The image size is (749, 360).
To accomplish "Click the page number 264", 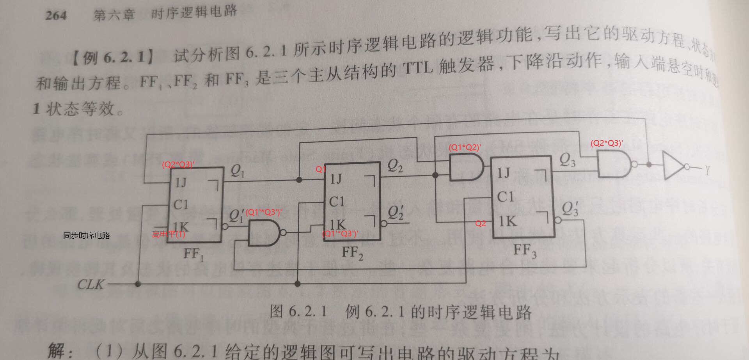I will [x=56, y=16].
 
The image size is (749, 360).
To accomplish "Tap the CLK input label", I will [x=91, y=284].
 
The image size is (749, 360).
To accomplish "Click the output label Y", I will [x=707, y=170].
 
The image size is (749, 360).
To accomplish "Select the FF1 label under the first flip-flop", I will [x=193, y=254].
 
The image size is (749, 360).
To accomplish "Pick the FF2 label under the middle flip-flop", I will [x=352, y=253].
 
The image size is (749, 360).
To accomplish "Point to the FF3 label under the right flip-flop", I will [x=525, y=250].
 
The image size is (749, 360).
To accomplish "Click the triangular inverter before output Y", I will [x=674, y=166].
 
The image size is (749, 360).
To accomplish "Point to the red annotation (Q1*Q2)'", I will [x=465, y=147].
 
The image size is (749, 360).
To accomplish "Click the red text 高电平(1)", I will [x=169, y=234].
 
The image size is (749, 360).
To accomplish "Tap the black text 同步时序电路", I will [x=87, y=235].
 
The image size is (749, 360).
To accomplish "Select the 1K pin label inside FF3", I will [x=507, y=222].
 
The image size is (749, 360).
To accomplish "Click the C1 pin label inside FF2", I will [x=337, y=201].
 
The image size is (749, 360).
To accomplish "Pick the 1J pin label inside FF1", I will [x=181, y=182].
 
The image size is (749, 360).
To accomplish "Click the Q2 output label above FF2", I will [x=395, y=166].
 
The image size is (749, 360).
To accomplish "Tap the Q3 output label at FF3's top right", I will [x=567, y=160].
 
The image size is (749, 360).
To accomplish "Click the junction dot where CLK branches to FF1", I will [x=138, y=284].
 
